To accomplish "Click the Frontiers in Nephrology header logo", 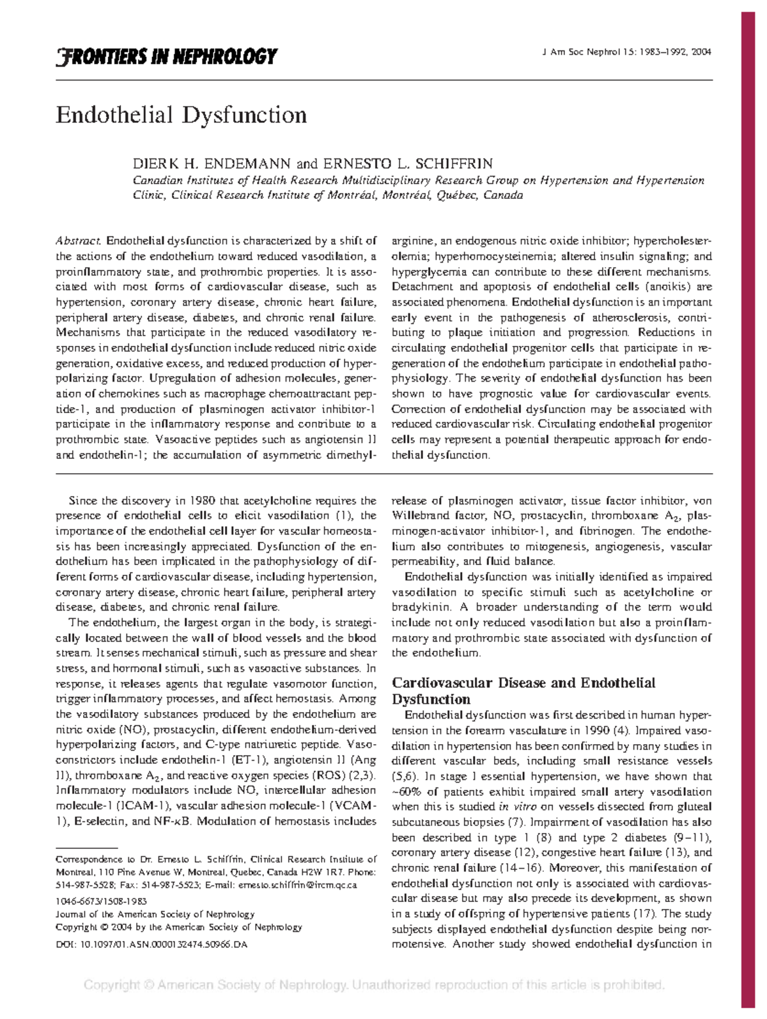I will click(x=166, y=57).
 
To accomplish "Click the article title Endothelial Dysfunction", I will click(x=182, y=115).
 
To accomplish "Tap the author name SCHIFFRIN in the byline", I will click(x=456, y=164).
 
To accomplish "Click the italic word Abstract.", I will click(x=79, y=241).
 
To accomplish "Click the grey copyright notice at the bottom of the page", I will click(x=375, y=985).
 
